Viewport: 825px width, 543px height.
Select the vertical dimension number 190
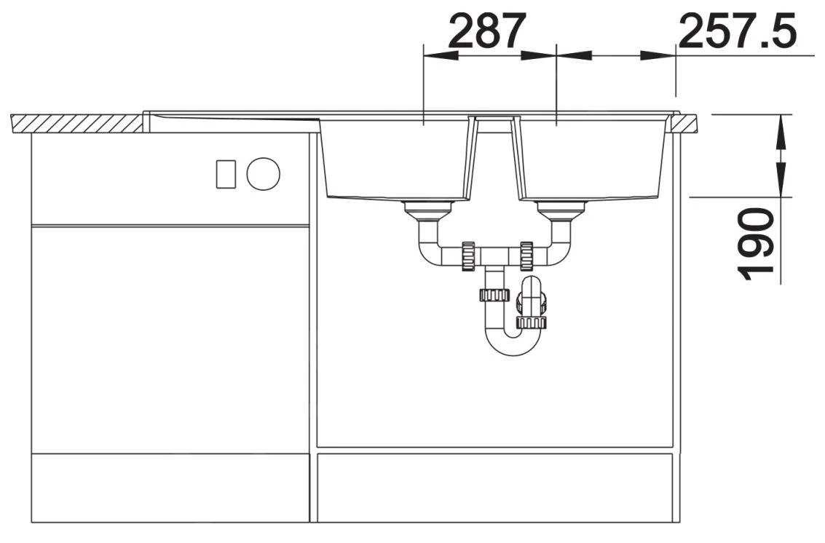click(x=756, y=244)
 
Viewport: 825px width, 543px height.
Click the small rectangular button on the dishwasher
click(x=226, y=173)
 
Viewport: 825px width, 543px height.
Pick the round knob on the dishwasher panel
click(x=264, y=173)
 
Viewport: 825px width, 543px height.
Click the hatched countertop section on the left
click(x=76, y=123)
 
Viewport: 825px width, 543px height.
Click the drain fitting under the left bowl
click(x=428, y=210)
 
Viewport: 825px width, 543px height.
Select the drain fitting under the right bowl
click(x=561, y=210)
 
